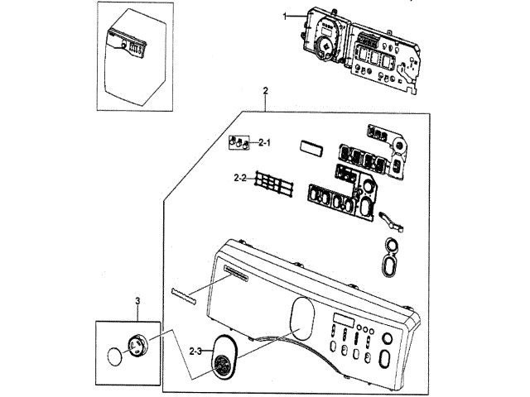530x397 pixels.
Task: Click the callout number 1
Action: click(x=284, y=17)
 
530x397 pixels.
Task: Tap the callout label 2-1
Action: click(x=265, y=143)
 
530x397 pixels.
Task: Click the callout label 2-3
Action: click(x=195, y=352)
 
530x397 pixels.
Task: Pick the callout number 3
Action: click(x=138, y=302)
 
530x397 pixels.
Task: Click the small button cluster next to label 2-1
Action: click(x=239, y=142)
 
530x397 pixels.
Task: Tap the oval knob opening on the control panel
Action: click(x=305, y=316)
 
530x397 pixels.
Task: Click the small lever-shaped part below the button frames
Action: click(x=391, y=222)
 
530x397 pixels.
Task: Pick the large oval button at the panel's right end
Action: click(x=386, y=358)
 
